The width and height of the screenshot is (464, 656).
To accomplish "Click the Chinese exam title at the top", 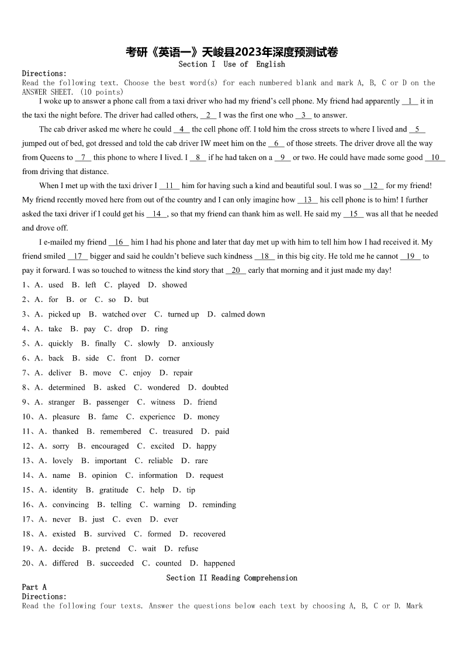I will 232,53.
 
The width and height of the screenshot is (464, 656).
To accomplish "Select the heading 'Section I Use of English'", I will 232,64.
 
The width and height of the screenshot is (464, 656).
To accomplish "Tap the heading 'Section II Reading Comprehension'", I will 232,578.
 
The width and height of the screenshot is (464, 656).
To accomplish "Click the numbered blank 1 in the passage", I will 410,101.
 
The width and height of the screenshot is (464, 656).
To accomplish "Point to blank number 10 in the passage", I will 435,158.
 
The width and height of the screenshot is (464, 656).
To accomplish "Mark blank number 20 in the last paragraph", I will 236,270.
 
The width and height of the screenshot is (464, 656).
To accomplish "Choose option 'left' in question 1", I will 91,285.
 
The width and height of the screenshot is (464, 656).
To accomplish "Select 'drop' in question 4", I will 125,329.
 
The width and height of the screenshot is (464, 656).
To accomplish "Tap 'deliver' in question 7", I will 60,373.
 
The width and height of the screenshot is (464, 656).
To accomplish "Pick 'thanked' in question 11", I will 65,431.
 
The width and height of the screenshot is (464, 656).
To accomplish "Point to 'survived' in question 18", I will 111,534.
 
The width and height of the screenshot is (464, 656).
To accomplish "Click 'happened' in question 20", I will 219,563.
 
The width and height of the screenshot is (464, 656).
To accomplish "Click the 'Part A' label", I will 34,587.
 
